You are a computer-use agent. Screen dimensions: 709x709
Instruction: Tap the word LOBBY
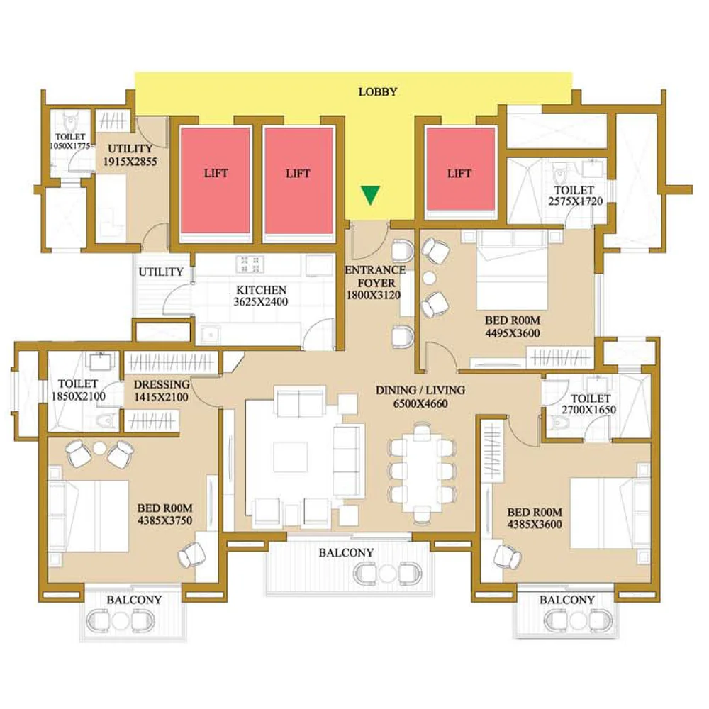[378, 91]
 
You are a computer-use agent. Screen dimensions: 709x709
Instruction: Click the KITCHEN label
[262, 290]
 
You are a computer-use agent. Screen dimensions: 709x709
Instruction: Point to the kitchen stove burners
[250, 264]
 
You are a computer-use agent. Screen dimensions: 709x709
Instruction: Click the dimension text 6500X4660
[420, 403]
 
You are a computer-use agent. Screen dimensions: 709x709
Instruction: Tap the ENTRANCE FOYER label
[375, 277]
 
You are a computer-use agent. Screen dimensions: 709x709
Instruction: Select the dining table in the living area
[421, 471]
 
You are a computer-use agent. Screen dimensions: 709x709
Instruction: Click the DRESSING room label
[162, 384]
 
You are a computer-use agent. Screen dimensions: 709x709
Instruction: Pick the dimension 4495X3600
[513, 333]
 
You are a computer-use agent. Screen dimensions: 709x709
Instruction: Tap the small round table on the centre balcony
[388, 574]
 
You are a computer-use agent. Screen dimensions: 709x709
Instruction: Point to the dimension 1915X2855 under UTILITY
[130, 162]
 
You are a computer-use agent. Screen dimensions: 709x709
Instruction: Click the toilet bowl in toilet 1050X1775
[71, 122]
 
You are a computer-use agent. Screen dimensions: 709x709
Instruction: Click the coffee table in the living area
[290, 458]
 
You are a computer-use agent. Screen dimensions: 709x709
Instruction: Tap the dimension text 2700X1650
[589, 410]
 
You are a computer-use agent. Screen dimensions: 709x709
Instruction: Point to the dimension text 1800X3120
[374, 295]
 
